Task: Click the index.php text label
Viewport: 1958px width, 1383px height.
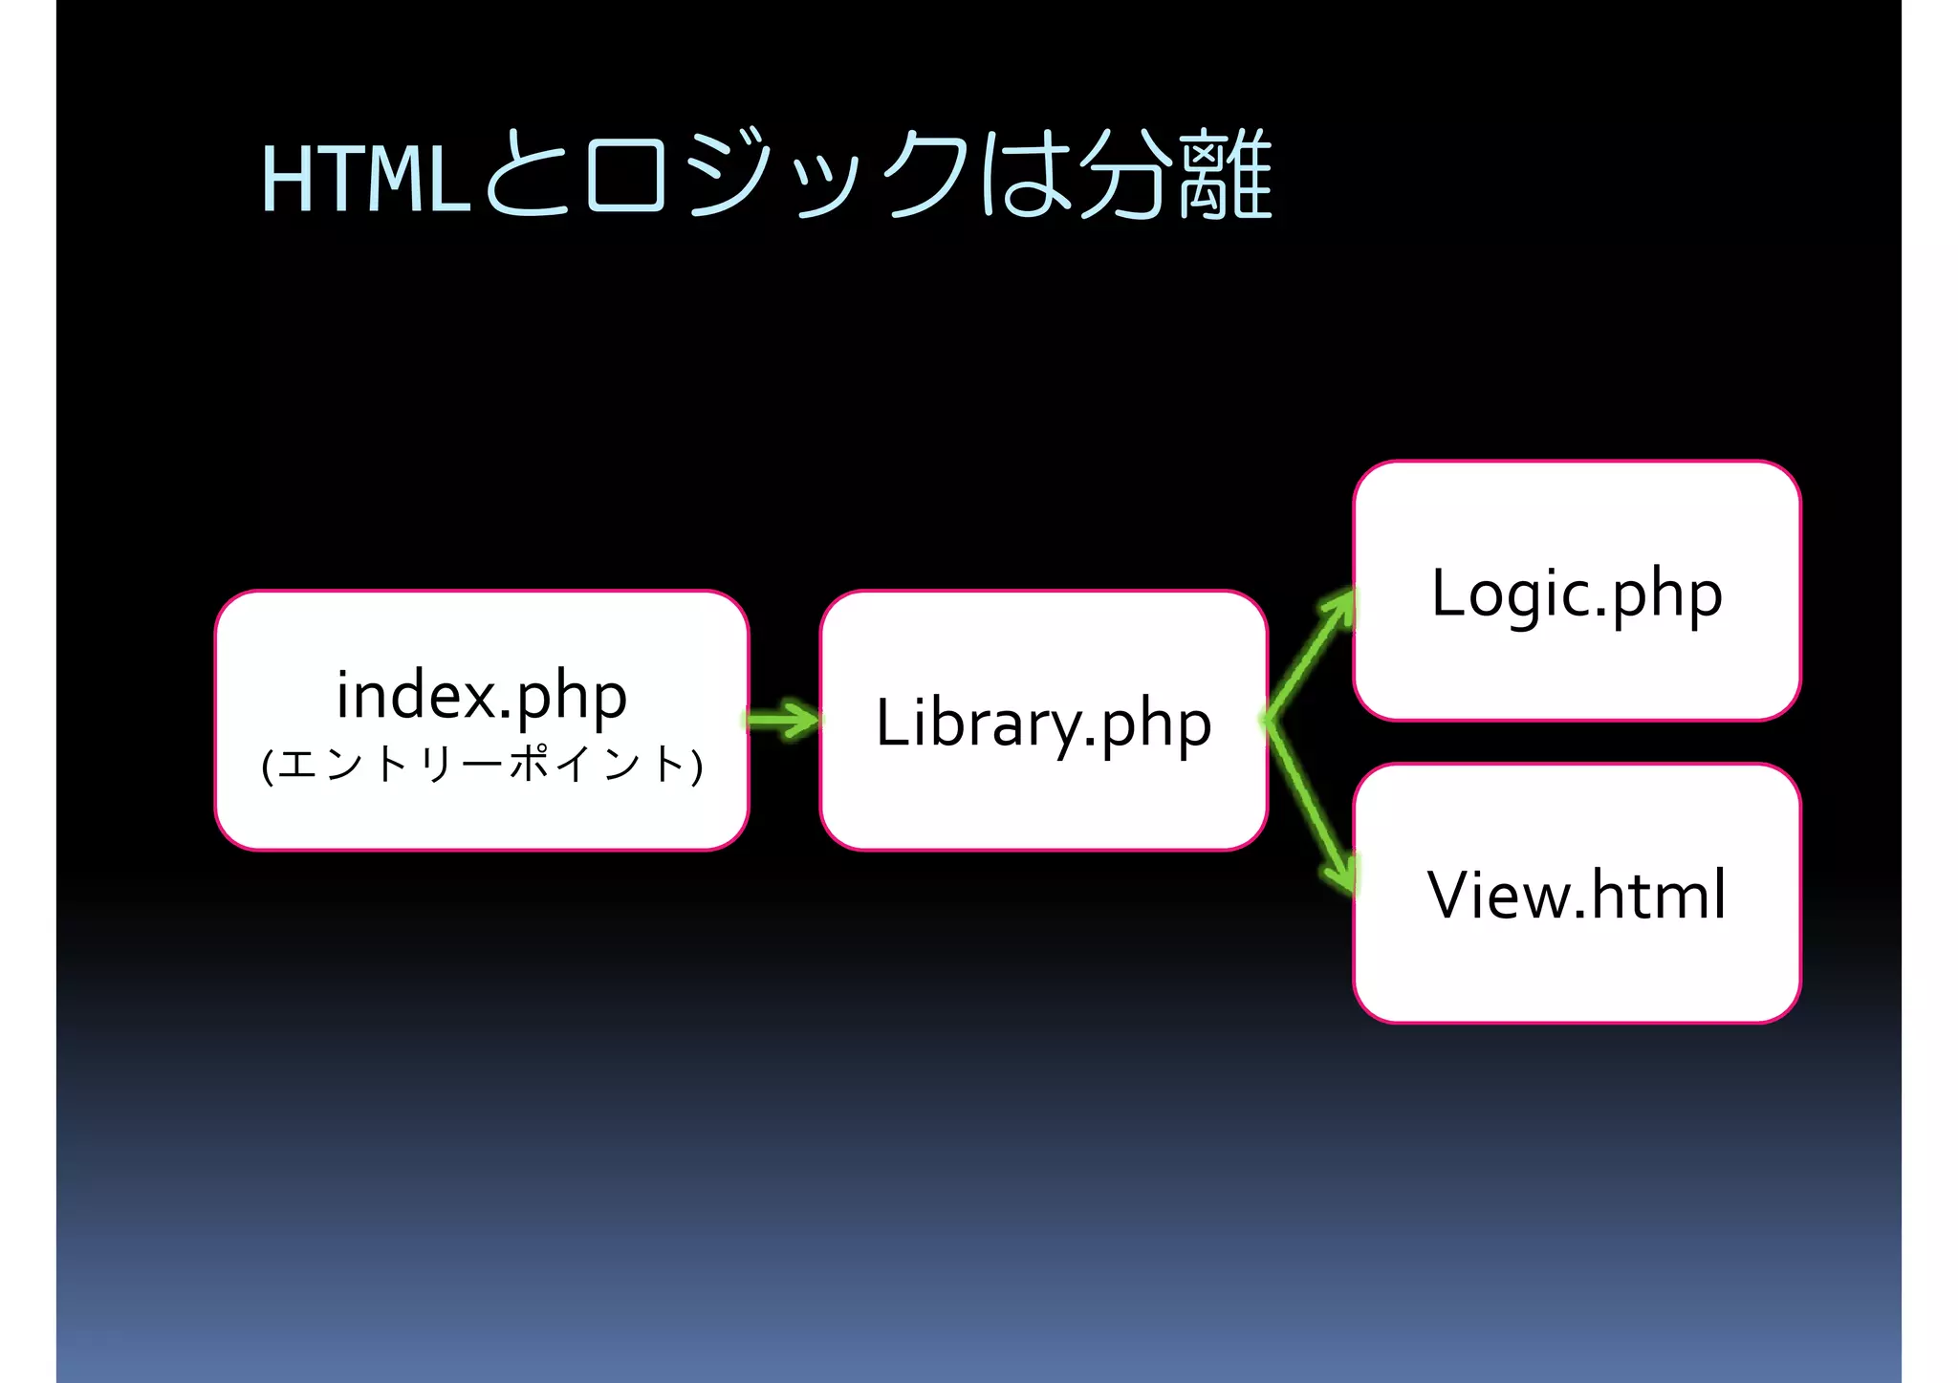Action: [x=482, y=695]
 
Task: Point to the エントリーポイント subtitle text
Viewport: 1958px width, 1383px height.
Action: [x=482, y=765]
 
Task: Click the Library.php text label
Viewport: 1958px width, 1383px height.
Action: [x=1044, y=724]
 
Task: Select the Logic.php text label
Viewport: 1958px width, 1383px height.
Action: [x=1577, y=594]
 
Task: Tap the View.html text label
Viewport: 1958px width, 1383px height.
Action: [x=1577, y=896]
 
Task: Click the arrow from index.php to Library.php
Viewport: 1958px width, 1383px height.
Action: [x=783, y=720]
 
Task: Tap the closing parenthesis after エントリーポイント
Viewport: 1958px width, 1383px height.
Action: [x=697, y=766]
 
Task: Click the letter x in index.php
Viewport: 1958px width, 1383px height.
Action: [x=481, y=697]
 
